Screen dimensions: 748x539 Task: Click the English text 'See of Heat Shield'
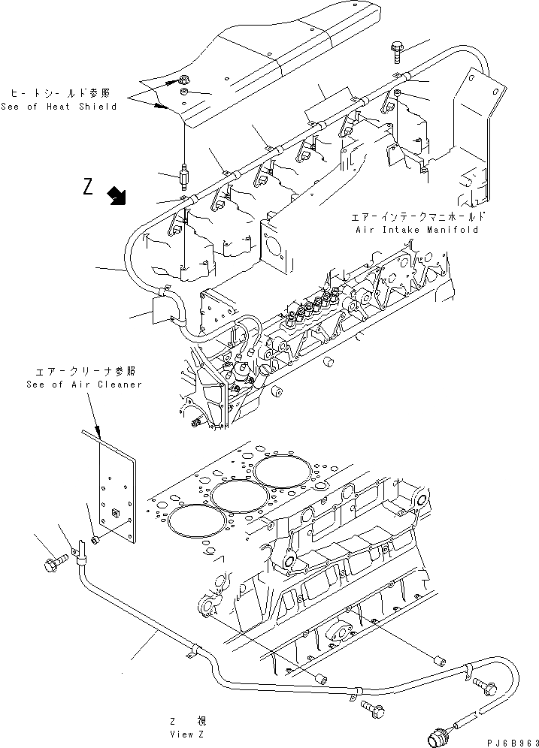pyautogui.click(x=59, y=107)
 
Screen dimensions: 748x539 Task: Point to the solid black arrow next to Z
pyautogui.click(x=117, y=197)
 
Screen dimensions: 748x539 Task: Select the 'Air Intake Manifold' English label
pyautogui.click(x=416, y=230)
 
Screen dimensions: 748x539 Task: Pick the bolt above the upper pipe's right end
pyautogui.click(x=396, y=52)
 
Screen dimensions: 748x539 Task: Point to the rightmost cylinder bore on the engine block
pyautogui.click(x=280, y=472)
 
